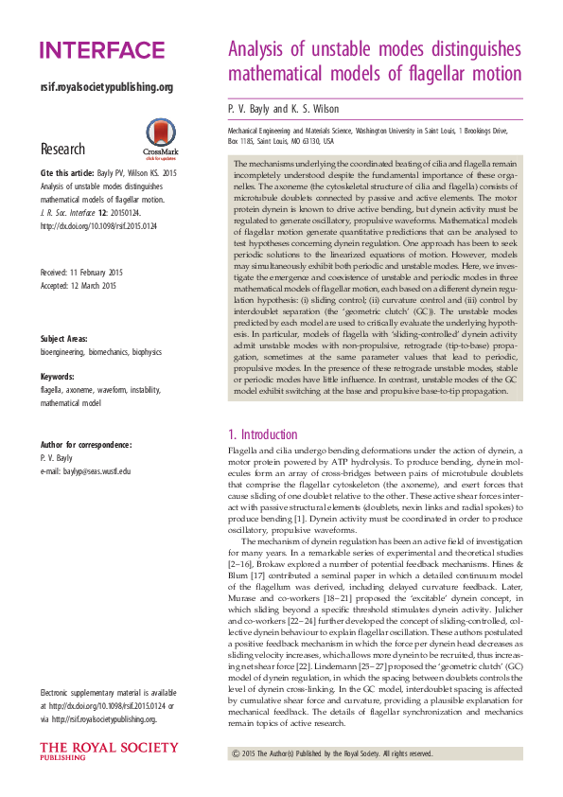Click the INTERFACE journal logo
(102, 51)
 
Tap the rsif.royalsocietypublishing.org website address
(106, 87)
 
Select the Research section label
(62, 150)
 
